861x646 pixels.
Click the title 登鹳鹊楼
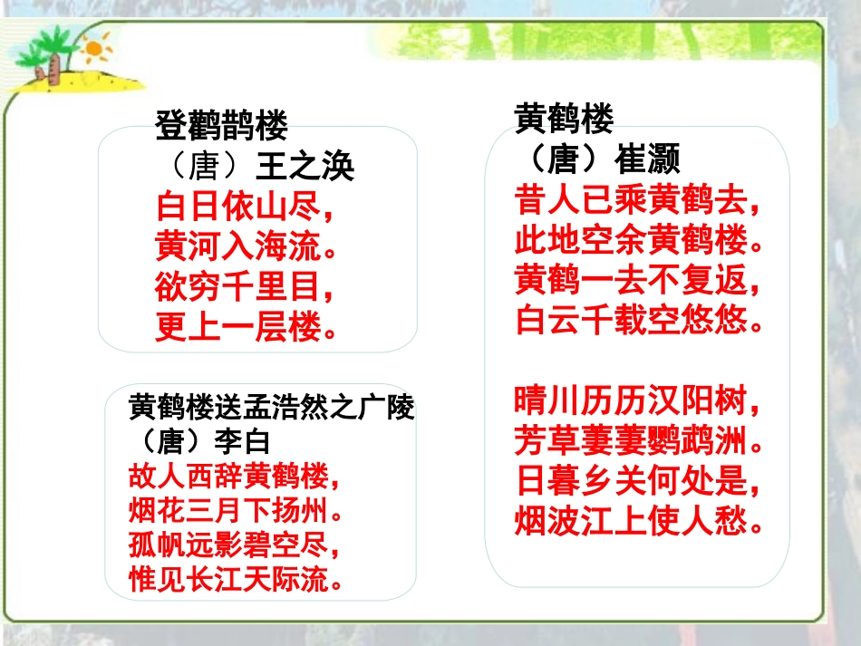point(222,127)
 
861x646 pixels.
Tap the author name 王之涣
point(305,167)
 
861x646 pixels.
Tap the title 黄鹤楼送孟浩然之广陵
point(271,410)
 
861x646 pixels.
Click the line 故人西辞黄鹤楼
point(237,475)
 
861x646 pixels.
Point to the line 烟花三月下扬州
point(237,511)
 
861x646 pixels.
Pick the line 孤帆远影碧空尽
point(237,546)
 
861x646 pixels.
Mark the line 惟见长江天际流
point(237,581)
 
